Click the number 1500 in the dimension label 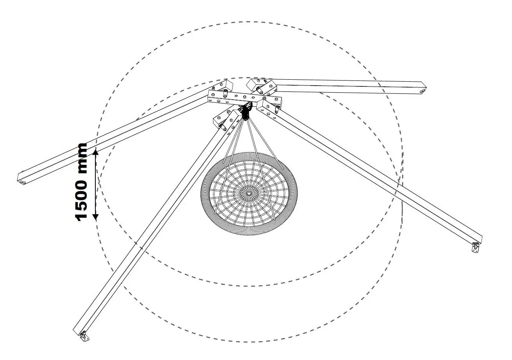[81, 200]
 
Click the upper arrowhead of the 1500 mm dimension [96, 151]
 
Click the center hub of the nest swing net [249, 193]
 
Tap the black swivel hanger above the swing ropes [246, 112]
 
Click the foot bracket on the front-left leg [84, 336]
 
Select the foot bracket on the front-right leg [475, 247]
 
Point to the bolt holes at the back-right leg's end [422, 91]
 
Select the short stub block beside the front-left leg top [219, 121]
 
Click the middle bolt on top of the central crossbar [245, 97]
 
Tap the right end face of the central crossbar [278, 102]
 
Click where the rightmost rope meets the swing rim [283, 168]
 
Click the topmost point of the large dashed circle [249, 22]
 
